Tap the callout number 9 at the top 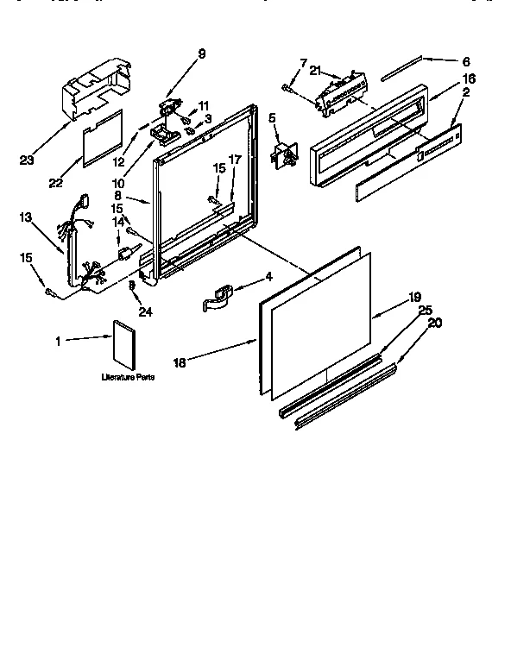pos(201,53)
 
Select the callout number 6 pos(466,61)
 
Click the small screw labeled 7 pos(287,87)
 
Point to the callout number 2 pos(466,91)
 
